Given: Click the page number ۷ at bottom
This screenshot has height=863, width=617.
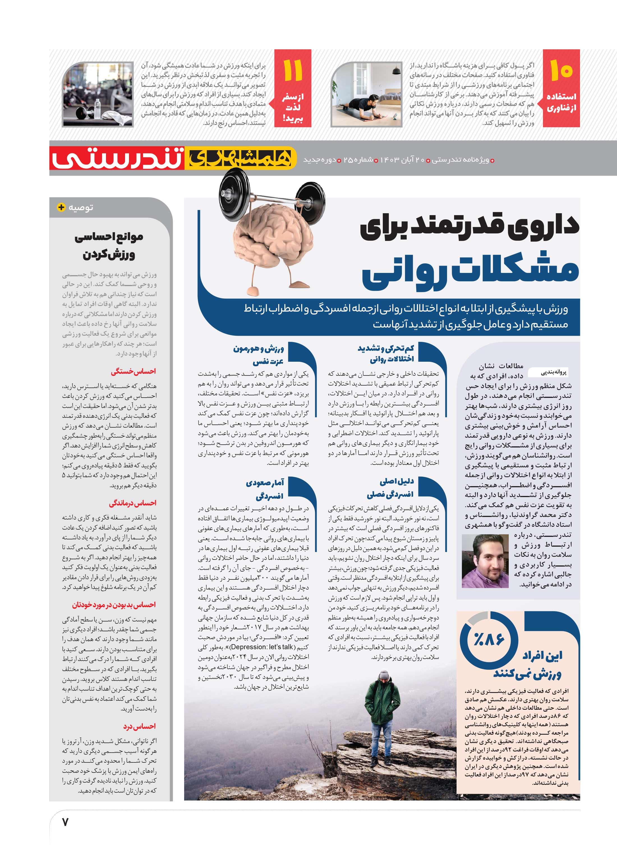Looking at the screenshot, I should coord(65,822).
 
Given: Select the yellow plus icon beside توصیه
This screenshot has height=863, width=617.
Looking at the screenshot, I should coord(61,207).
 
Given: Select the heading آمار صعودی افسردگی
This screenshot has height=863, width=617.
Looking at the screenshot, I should coord(265,489).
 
